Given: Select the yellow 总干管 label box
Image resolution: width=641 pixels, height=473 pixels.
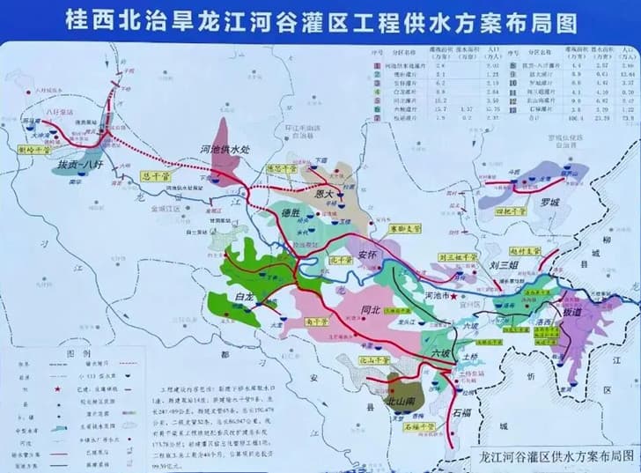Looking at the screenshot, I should click(x=155, y=176).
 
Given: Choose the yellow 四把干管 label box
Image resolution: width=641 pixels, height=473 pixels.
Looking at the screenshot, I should click(x=511, y=211).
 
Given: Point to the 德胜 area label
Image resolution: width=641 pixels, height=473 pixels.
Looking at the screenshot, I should click(x=291, y=213).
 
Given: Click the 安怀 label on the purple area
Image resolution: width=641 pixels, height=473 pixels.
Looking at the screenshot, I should click(x=369, y=256).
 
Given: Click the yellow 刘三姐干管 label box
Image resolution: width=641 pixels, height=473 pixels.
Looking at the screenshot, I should click(x=456, y=258).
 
